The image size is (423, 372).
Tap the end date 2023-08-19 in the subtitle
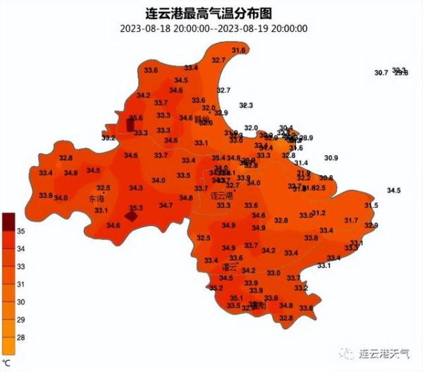coord(244,28)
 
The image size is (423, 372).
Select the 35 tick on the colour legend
coord(21,231)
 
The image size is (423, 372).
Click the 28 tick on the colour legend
coord(21,338)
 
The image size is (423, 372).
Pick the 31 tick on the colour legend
coord(21,284)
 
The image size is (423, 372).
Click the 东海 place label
coord(97,200)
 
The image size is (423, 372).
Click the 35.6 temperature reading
coord(136,117)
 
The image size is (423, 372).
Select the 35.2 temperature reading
coord(216,288)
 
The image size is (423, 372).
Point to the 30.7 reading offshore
coord(381,73)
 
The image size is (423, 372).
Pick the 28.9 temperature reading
coord(306,138)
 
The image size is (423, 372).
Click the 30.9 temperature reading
coord(331,157)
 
